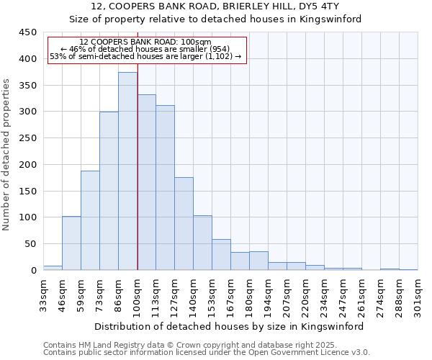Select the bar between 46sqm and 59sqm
pos(71,243)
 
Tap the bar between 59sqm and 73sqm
pos(90,220)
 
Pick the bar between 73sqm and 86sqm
pos(109,191)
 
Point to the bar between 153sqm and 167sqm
pos(221,255)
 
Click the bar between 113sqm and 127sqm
pos(165,188)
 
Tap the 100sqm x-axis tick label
pos(137,294)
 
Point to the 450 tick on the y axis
pos(27,32)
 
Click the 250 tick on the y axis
pos(27,138)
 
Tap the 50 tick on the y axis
pos(30,244)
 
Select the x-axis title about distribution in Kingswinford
pos(230,326)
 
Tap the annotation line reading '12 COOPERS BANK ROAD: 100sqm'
pos(145,42)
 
